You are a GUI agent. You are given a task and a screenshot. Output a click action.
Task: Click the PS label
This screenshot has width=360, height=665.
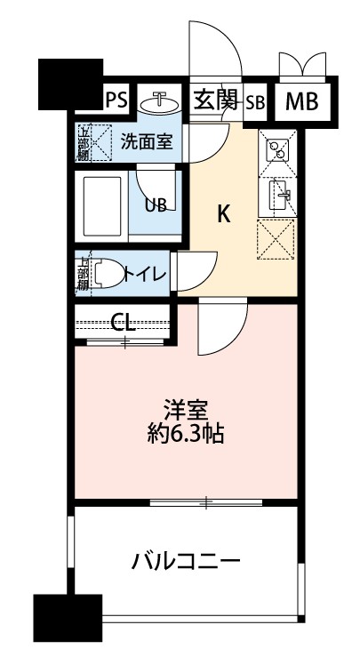[116, 100]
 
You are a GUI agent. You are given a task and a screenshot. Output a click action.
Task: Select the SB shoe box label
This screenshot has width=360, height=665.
[256, 101]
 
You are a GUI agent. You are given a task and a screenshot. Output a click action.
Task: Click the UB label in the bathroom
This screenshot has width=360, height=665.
[156, 205]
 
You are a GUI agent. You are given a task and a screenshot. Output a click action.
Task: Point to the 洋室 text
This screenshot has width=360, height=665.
[186, 412]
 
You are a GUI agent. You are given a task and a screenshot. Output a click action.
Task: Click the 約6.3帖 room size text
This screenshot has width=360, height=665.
[186, 435]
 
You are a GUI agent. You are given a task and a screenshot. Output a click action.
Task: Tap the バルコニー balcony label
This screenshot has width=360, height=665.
[186, 561]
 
